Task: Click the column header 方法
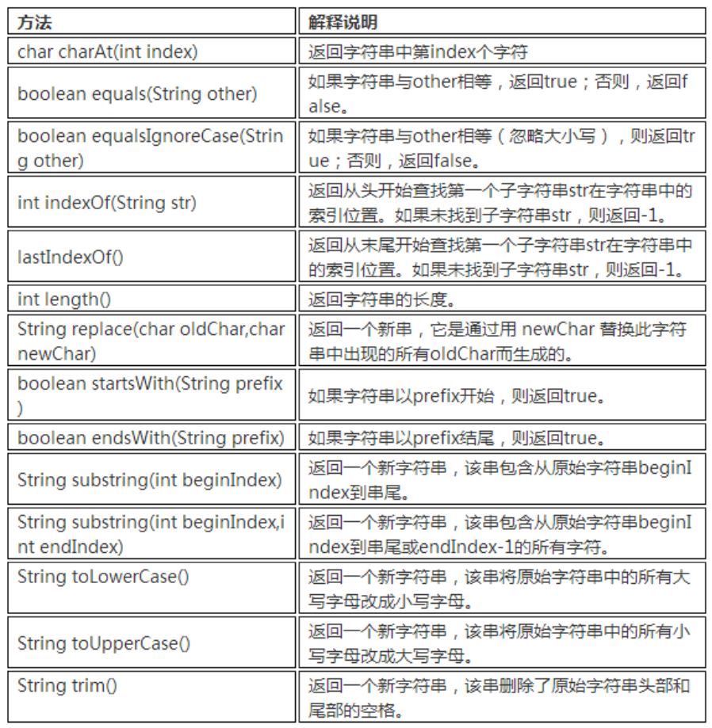coord(36,22)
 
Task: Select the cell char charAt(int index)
coord(108,52)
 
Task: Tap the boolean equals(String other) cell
coord(137,93)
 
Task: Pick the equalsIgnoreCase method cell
coord(150,147)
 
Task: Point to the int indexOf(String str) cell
coord(107,202)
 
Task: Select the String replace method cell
coord(150,340)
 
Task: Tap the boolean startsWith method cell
coord(150,394)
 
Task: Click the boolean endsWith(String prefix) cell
coord(150,436)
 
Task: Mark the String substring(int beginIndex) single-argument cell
coord(150,480)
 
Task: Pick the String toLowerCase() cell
coord(103,576)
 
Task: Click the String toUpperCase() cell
coord(104,642)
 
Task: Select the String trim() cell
coord(67,685)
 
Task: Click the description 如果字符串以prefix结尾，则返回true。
coord(456,437)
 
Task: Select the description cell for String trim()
coord(500,696)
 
